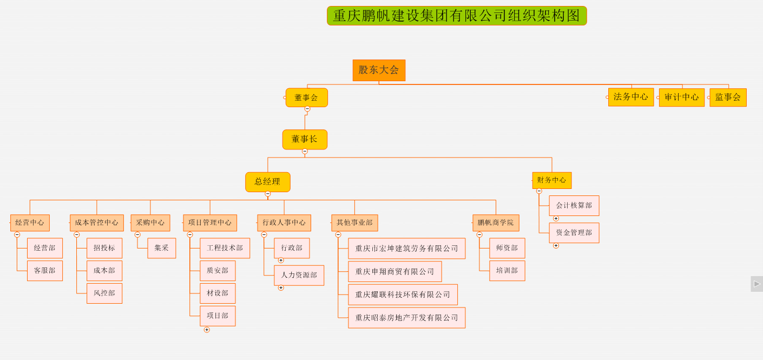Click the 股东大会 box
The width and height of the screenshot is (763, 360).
pyautogui.click(x=379, y=70)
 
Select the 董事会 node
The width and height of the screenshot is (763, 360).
pyautogui.click(x=306, y=97)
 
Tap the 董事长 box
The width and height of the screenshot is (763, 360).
pyautogui.click(x=305, y=139)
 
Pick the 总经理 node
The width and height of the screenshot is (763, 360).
pyautogui.click(x=267, y=182)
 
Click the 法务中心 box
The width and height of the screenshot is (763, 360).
pyautogui.click(x=630, y=97)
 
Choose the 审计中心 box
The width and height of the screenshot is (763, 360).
pyautogui.click(x=681, y=97)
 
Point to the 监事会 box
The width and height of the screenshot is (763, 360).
pyautogui.click(x=728, y=97)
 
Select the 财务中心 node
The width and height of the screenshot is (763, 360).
pyautogui.click(x=551, y=180)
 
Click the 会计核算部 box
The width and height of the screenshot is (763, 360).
pyautogui.click(x=574, y=206)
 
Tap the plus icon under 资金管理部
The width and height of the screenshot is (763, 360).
pyautogui.click(x=556, y=246)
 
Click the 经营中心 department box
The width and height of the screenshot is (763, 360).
pyautogui.click(x=30, y=222)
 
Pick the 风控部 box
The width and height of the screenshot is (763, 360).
pyautogui.click(x=104, y=293)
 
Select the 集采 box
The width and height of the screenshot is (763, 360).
pyautogui.click(x=161, y=248)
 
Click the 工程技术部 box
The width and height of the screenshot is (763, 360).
pyautogui.click(x=225, y=248)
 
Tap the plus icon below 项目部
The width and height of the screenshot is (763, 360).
pyautogui.click(x=207, y=330)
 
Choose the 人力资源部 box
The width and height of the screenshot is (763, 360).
pyautogui.click(x=299, y=275)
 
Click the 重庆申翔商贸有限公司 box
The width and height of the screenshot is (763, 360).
pyautogui.click(x=394, y=272)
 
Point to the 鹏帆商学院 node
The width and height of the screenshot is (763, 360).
pyautogui.click(x=495, y=222)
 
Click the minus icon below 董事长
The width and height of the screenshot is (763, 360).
pyautogui.click(x=305, y=152)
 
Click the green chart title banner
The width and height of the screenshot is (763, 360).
pyautogui.click(x=457, y=16)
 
